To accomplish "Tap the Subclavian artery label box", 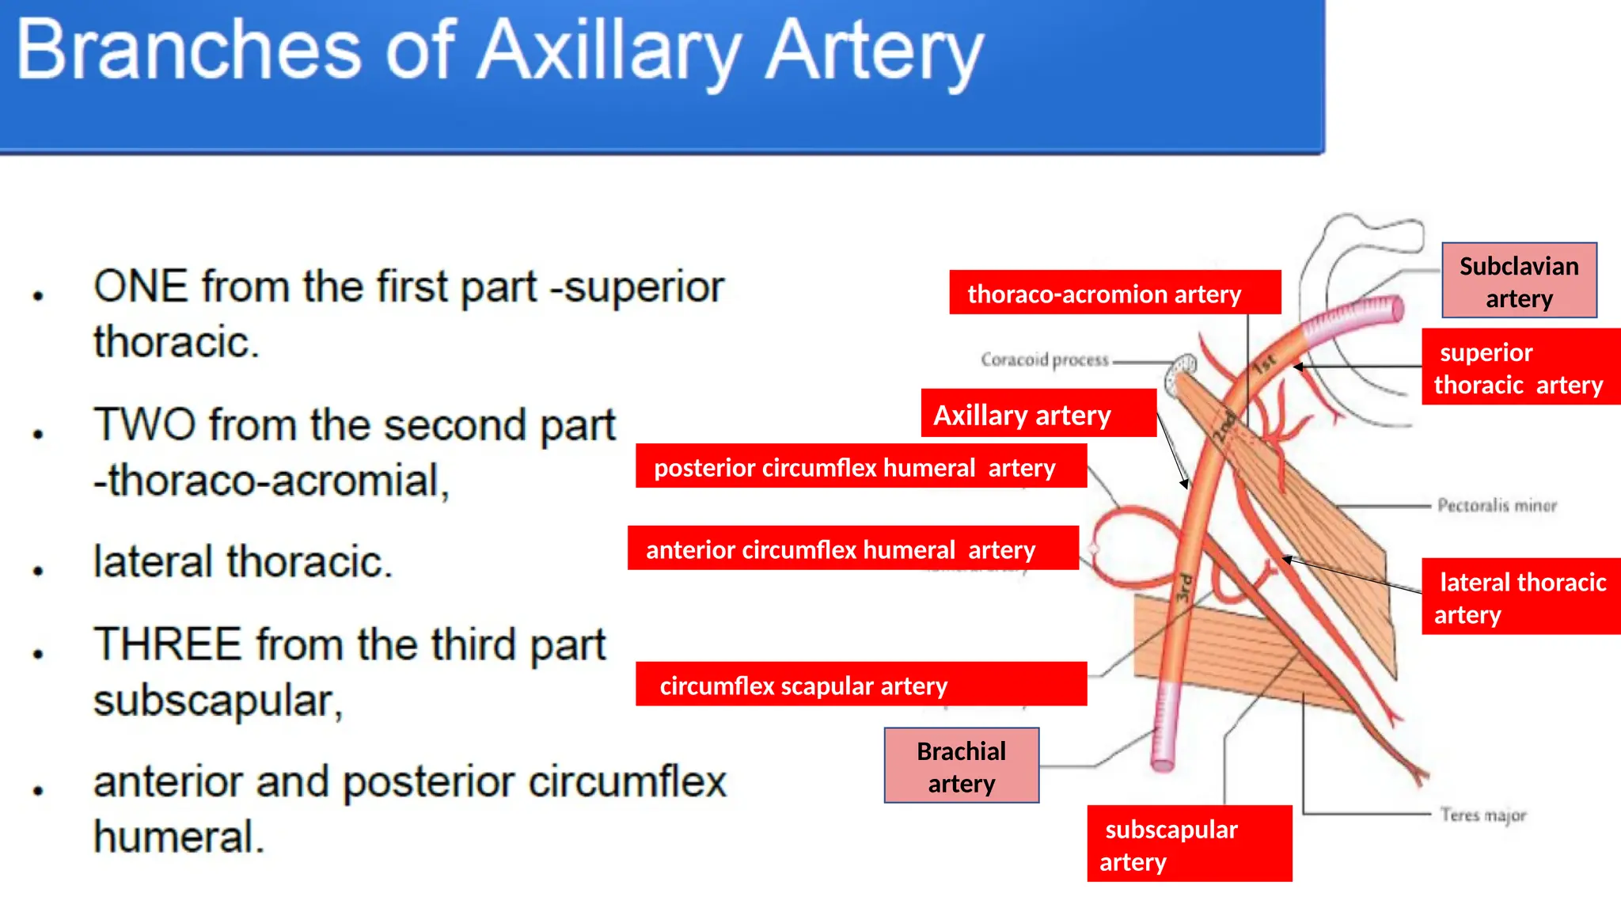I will coord(1518,281).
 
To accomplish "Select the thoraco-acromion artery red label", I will coord(1114,293).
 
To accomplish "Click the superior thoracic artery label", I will coord(1520,367).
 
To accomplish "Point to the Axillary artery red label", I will coord(1038,414).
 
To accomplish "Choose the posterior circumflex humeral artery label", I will coord(860,467).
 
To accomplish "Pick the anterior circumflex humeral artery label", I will coord(852,549).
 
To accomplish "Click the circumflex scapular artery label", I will coord(860,685).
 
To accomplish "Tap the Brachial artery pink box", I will coord(961,766).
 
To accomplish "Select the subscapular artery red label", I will coord(1189,844).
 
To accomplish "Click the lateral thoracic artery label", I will coord(1520,597).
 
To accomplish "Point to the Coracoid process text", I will coord(1045,360).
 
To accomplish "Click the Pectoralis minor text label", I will coord(1496,505).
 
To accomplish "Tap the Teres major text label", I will coord(1482,815).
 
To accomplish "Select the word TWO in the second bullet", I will coord(144,425).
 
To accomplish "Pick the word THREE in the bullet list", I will coord(167,644).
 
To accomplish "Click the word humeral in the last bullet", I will coord(178,838).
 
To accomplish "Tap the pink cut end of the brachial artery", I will coord(1162,762).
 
